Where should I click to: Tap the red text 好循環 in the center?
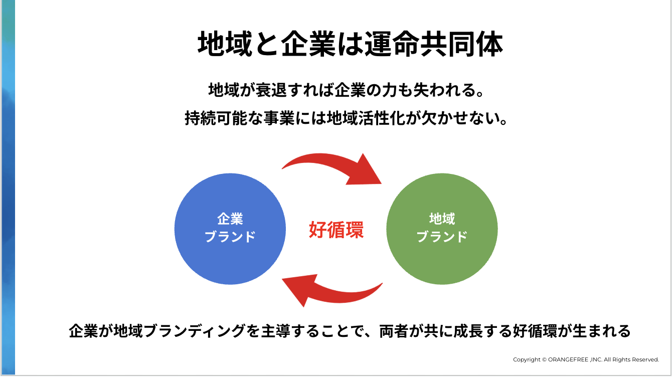pos(336,229)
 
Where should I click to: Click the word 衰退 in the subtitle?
pos(253,91)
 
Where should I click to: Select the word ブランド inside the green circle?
pos(442,236)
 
